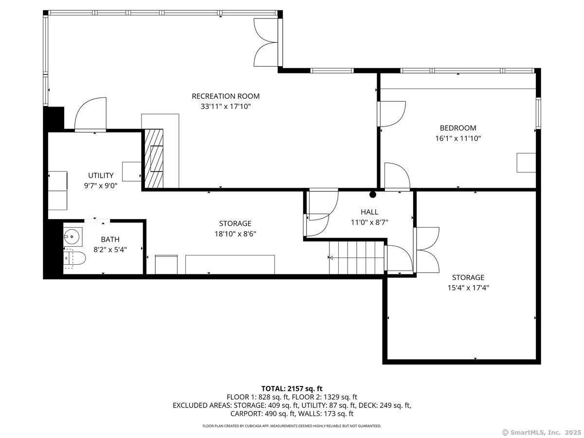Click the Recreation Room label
click(225, 96)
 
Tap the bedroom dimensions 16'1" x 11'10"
click(457, 138)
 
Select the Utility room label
click(101, 175)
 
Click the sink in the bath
click(72, 237)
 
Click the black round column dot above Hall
click(373, 195)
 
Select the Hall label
click(369, 212)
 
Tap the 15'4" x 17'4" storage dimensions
click(468, 287)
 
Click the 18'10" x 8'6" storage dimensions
click(235, 233)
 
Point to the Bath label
click(110, 239)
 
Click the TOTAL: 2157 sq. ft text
click(292, 388)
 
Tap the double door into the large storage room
click(427, 250)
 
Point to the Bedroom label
click(457, 128)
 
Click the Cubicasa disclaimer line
click(292, 426)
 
